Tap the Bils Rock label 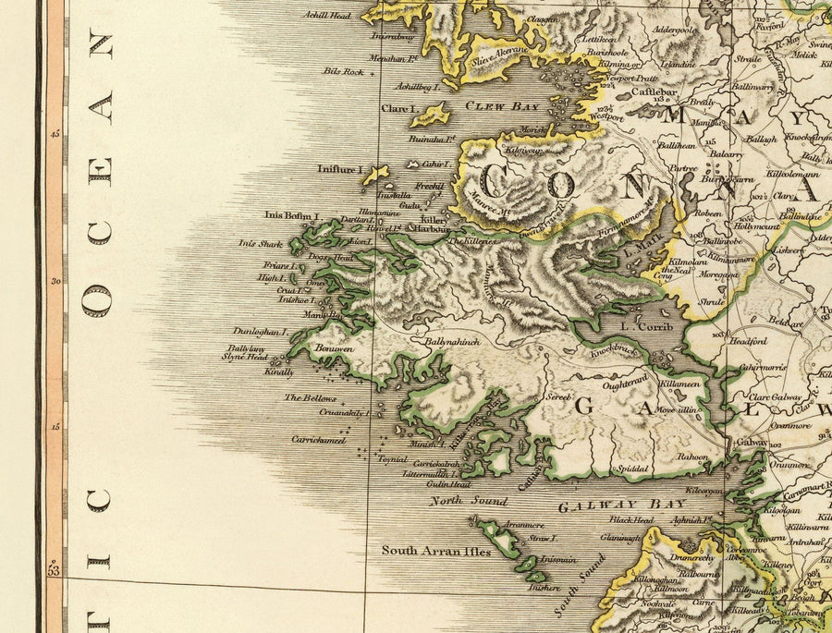pyautogui.click(x=342, y=71)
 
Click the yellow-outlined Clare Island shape pyautogui.click(x=431, y=115)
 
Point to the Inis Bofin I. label pyautogui.click(x=291, y=215)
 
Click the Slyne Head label pyautogui.click(x=245, y=358)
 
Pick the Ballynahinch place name pyautogui.click(x=453, y=341)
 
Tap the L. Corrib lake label pyautogui.click(x=637, y=326)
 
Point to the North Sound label pyautogui.click(x=469, y=501)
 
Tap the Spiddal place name pyautogui.click(x=633, y=469)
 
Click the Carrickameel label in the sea pyautogui.click(x=319, y=441)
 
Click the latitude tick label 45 pyautogui.click(x=55, y=134)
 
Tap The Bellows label pyautogui.click(x=310, y=397)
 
